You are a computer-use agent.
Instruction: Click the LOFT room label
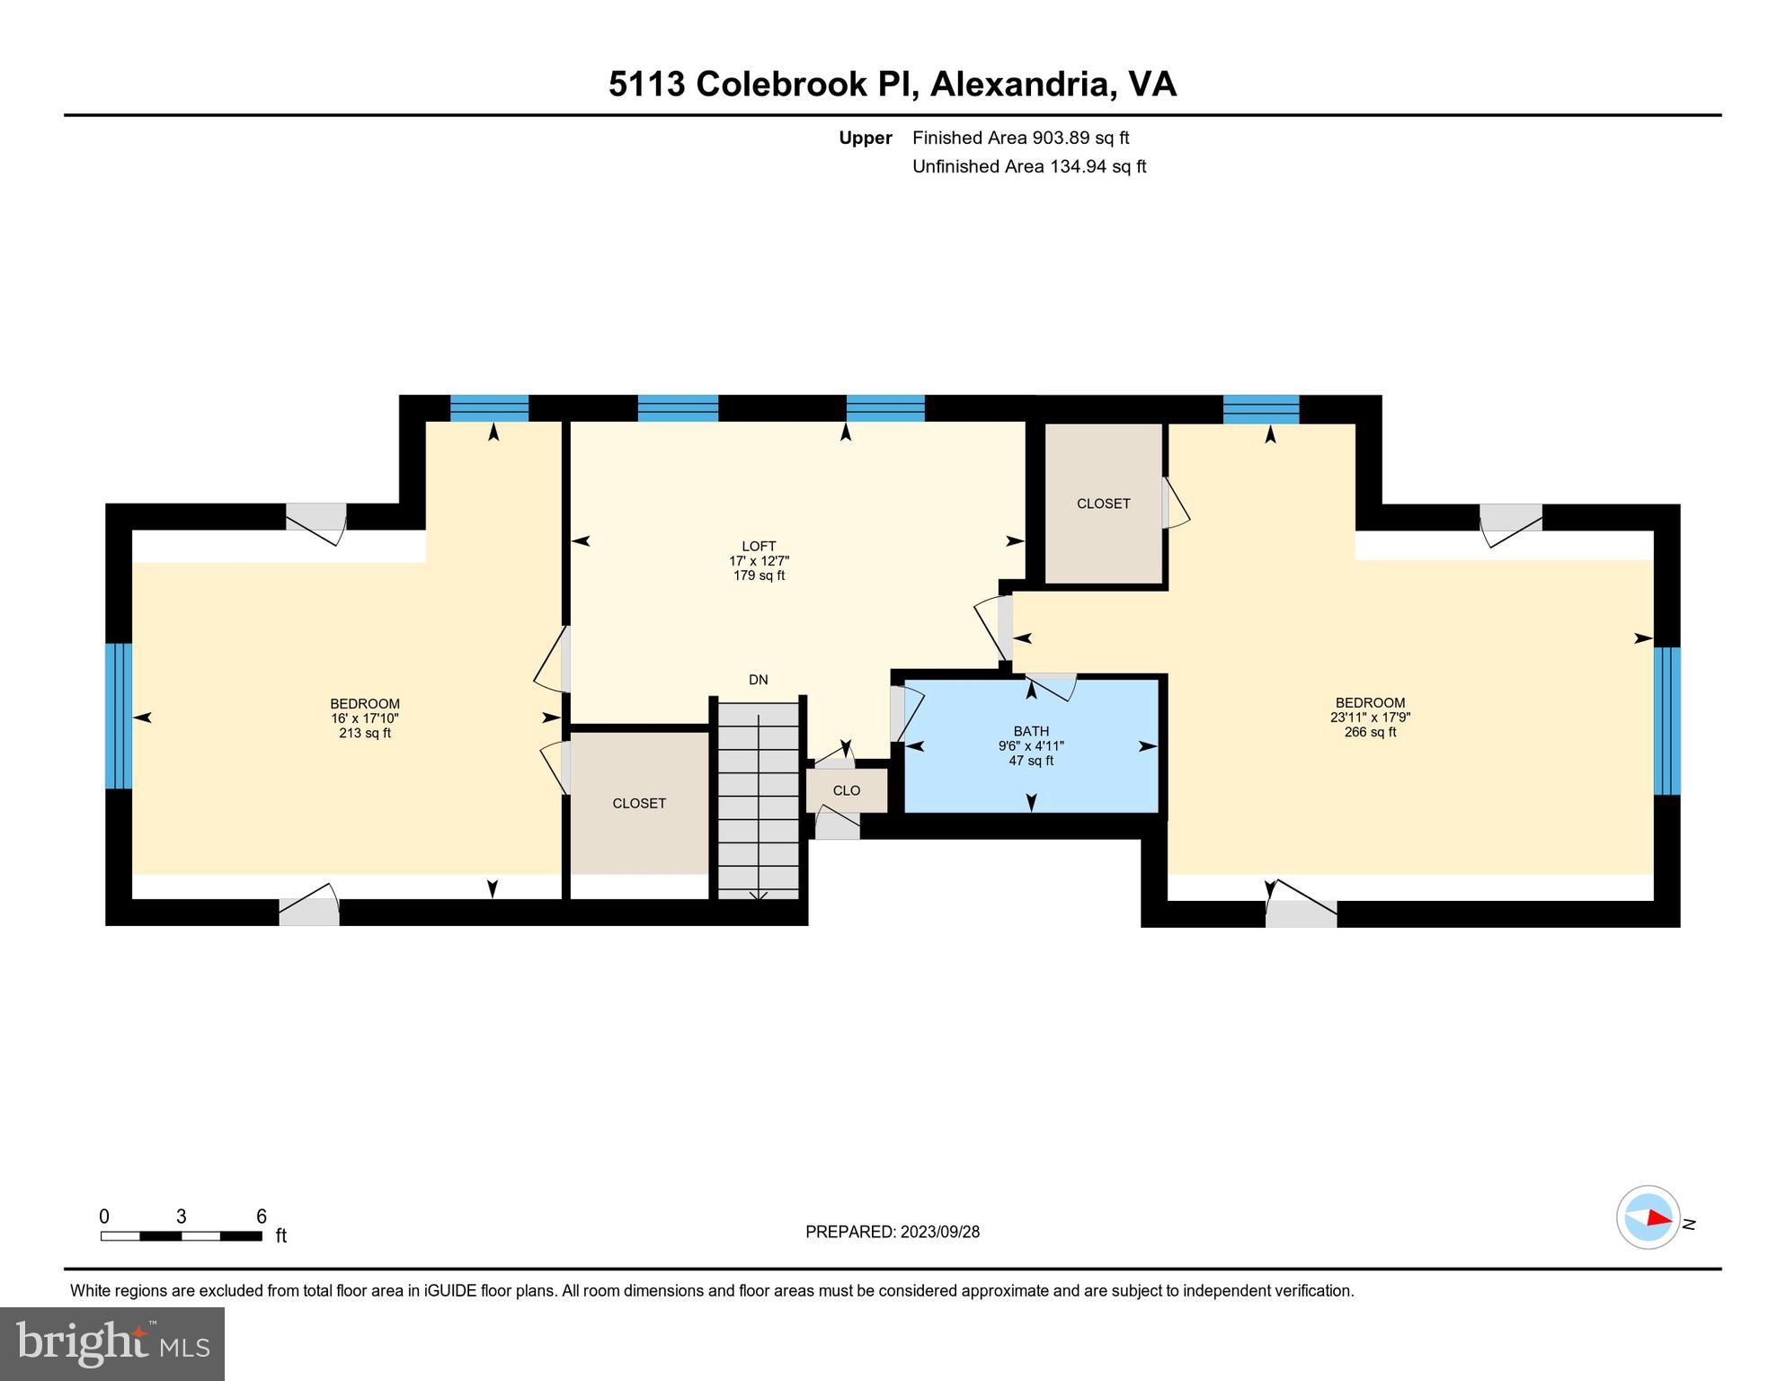pyautogui.click(x=759, y=546)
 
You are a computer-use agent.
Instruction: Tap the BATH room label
pyautogui.click(x=1031, y=731)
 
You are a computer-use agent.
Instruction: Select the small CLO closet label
pyautogui.click(x=846, y=790)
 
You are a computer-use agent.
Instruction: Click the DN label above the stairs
pyautogui.click(x=758, y=680)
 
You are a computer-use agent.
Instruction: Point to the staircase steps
pyautogui.click(x=759, y=800)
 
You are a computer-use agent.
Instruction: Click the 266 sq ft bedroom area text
pyautogui.click(x=1370, y=732)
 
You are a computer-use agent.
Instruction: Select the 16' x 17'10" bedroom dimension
pyautogui.click(x=364, y=718)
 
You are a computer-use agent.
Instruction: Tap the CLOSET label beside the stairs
pyautogui.click(x=639, y=803)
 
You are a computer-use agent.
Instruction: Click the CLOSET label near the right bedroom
pyautogui.click(x=1103, y=503)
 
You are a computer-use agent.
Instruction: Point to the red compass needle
pyautogui.click(x=1658, y=1218)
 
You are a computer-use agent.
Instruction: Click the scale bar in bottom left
pyautogui.click(x=181, y=1236)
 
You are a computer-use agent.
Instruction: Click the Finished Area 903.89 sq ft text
pyautogui.click(x=1020, y=138)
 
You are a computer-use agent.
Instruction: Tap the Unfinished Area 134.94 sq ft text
pyautogui.click(x=1029, y=166)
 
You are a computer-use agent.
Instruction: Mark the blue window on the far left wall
pyautogui.click(x=119, y=716)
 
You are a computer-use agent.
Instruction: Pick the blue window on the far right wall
pyautogui.click(x=1666, y=720)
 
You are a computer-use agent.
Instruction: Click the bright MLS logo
pyautogui.click(x=112, y=1343)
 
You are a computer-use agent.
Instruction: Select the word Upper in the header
pyautogui.click(x=865, y=138)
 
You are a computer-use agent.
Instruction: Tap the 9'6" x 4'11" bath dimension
pyautogui.click(x=1031, y=746)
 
